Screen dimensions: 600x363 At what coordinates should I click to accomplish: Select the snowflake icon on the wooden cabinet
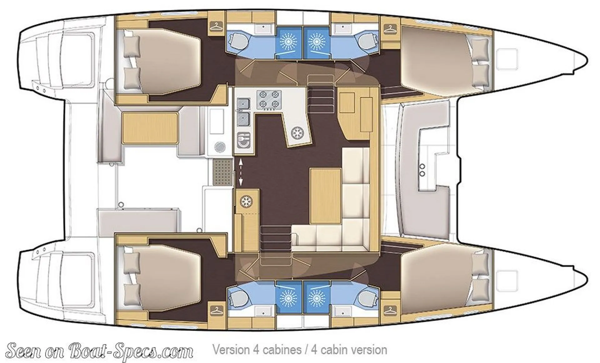[246, 201]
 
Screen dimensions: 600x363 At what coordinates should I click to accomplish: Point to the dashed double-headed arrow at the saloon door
[241, 172]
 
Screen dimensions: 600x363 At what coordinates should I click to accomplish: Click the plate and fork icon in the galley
[243, 140]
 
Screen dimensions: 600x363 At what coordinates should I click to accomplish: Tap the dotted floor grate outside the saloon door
[222, 172]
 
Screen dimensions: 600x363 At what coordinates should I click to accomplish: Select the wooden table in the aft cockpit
[150, 128]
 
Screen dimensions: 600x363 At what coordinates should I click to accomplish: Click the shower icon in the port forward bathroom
[316, 41]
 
